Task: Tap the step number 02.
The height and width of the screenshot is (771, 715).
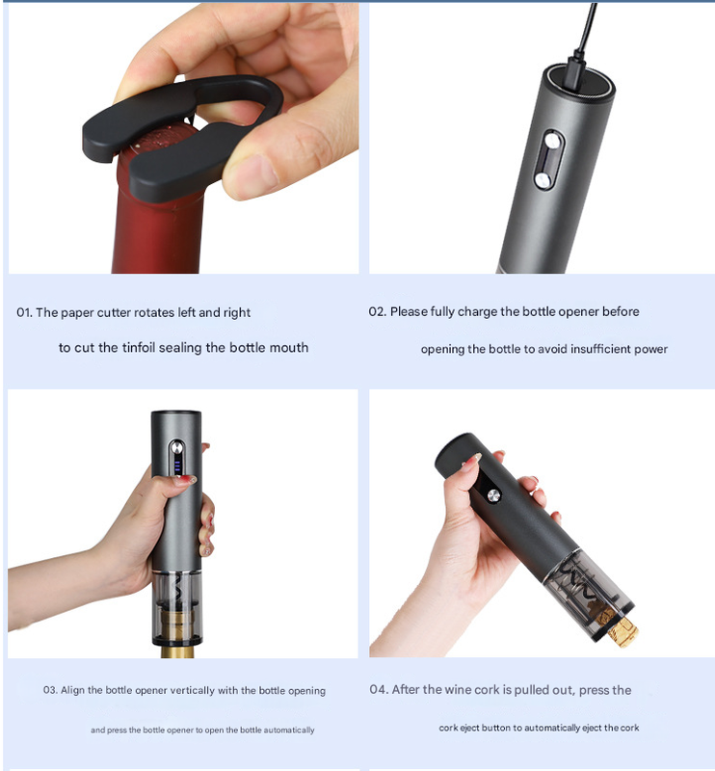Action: pyautogui.click(x=377, y=312)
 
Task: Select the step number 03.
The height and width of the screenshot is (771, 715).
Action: pyautogui.click(x=50, y=691)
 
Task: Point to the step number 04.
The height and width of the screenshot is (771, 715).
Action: pyautogui.click(x=379, y=690)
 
